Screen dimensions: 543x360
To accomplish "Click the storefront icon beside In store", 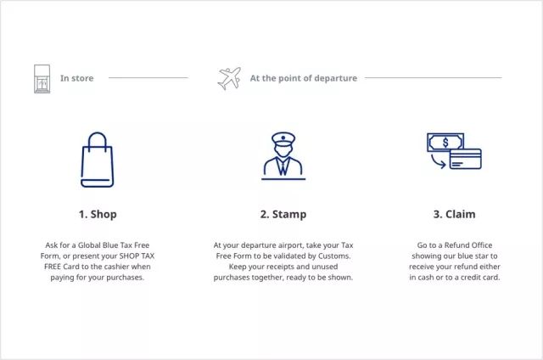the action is tap(42, 79).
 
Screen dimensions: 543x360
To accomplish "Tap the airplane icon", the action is tap(229, 78).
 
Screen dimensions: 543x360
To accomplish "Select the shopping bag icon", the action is tap(98, 160).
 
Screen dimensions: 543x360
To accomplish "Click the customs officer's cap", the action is tap(283, 138).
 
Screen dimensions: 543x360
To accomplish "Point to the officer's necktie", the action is tap(283, 168).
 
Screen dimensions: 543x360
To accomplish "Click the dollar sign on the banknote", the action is tap(445, 143).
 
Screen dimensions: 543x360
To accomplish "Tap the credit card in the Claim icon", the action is tap(466, 159).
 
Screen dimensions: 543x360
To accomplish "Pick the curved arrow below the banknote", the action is tap(438, 162).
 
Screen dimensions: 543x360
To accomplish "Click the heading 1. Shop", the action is tap(98, 214).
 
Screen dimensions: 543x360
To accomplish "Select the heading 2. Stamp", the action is tap(283, 214).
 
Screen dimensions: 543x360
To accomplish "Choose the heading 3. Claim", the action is tap(455, 214).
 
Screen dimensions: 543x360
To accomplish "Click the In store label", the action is tap(77, 78).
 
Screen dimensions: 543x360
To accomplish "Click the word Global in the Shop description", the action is tap(89, 245).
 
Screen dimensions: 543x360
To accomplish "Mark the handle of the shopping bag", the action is tap(98, 140).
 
